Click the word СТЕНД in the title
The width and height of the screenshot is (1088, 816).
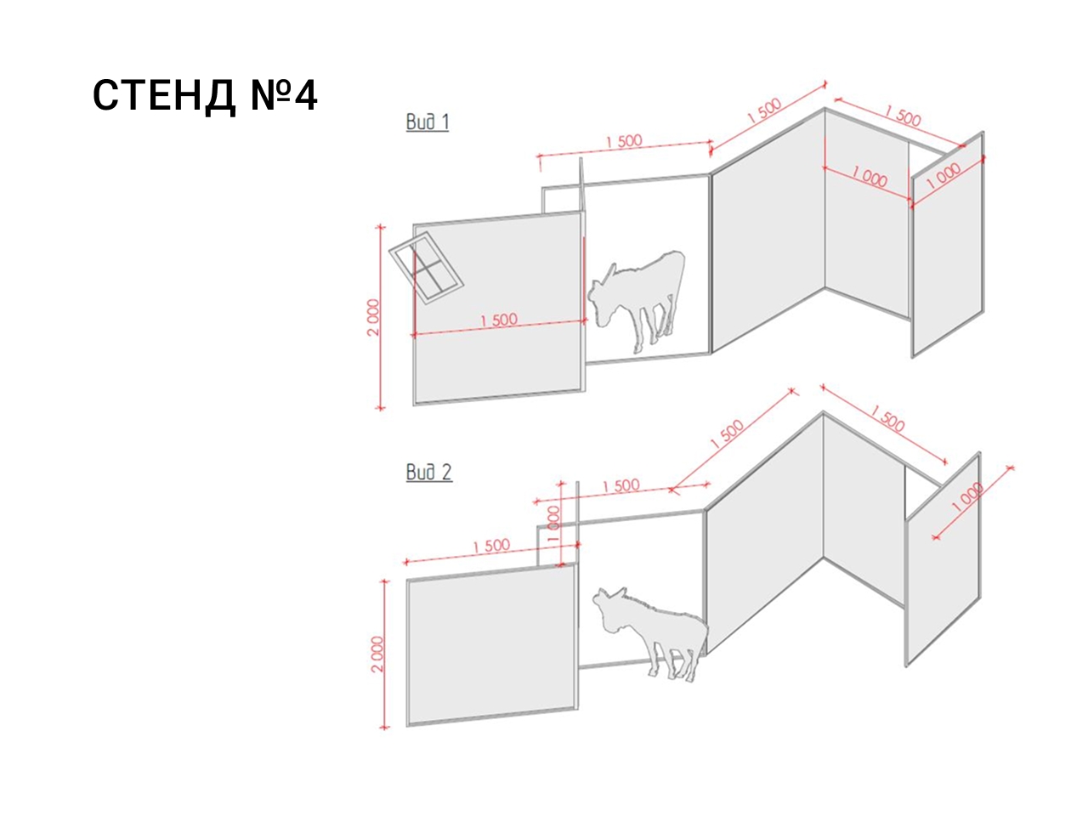click(163, 95)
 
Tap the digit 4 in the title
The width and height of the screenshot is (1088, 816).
click(305, 95)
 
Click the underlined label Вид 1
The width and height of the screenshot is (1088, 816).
click(427, 122)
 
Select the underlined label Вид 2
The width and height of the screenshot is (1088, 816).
click(428, 472)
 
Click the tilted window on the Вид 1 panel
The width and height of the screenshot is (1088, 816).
click(426, 267)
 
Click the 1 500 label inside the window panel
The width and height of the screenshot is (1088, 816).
click(499, 320)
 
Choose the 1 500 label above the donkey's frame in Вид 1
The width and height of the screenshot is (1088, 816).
click(624, 142)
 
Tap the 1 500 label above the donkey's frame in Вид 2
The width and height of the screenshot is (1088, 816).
click(621, 486)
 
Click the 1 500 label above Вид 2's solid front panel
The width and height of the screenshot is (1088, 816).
click(491, 546)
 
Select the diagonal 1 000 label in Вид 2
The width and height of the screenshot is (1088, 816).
click(967, 497)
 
